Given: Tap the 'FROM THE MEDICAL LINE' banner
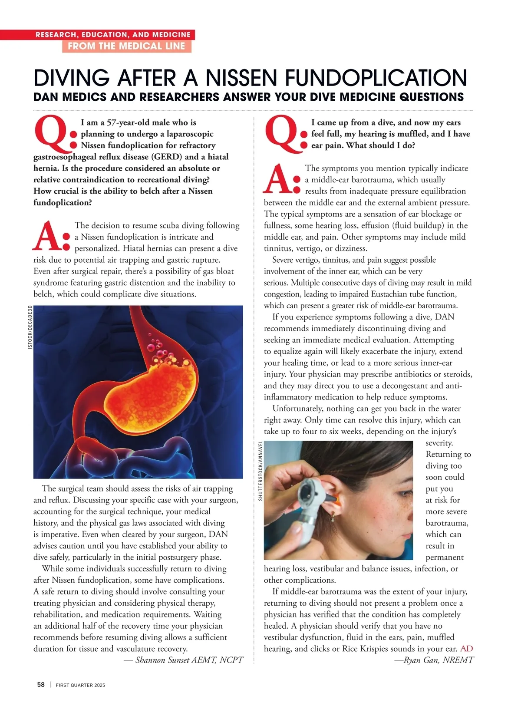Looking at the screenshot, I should [126, 46].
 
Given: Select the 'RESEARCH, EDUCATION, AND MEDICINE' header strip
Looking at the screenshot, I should [113, 35].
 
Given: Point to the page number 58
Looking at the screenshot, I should [41, 685].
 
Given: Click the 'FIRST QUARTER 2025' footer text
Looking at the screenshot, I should [80, 685].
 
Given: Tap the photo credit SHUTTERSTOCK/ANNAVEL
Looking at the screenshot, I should [260, 471].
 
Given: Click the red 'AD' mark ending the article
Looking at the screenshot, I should [467, 649].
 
